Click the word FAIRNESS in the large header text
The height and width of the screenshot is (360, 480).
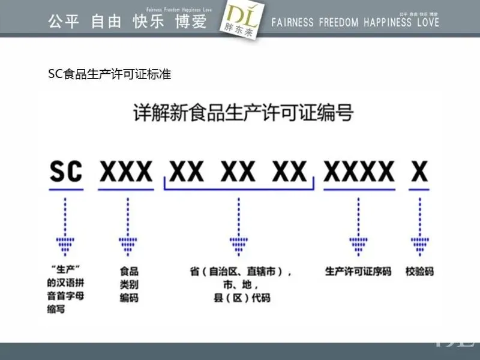pyautogui.click(x=292, y=23)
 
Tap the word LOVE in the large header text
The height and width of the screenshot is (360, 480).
pyautogui.click(x=427, y=23)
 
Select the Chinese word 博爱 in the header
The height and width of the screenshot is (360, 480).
pyautogui.click(x=190, y=22)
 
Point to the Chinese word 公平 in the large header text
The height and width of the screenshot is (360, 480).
pyautogui.click(x=64, y=22)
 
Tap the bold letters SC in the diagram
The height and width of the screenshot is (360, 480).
pyautogui.click(x=65, y=172)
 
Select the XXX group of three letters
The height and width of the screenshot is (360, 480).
pyautogui.click(x=126, y=172)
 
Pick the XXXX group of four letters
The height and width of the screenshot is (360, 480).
pyautogui.click(x=359, y=172)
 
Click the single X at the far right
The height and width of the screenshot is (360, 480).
pyautogui.click(x=420, y=172)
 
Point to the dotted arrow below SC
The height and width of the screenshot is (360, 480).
pyautogui.click(x=65, y=225)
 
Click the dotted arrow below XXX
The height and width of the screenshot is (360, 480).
pyautogui.click(x=127, y=225)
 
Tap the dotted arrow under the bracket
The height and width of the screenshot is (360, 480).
pyautogui.click(x=239, y=225)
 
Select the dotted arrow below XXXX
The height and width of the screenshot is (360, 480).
pyautogui.click(x=359, y=225)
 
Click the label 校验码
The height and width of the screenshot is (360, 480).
pyautogui.click(x=419, y=271)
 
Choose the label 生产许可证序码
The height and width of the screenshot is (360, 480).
pyautogui.click(x=358, y=271)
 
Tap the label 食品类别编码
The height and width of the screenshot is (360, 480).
pyautogui.click(x=128, y=284)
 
